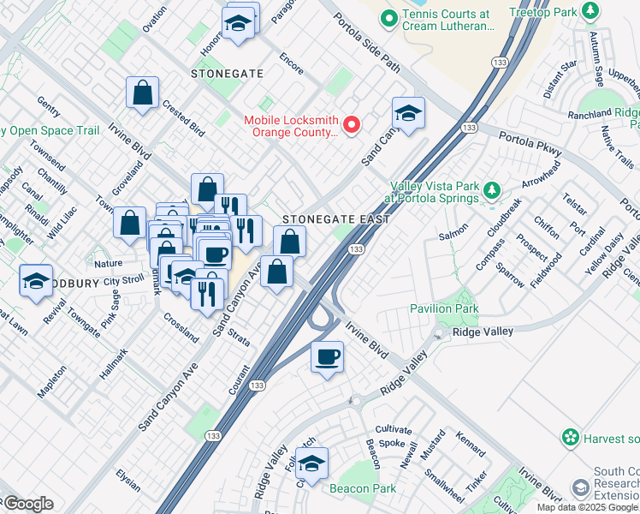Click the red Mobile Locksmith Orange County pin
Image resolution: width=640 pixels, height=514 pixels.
pos(351,127)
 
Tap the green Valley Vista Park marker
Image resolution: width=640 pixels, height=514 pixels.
pos(491,189)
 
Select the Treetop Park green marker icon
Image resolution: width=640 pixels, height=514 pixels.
pos(590,11)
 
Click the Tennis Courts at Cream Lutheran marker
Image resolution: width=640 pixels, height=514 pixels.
pos(388,17)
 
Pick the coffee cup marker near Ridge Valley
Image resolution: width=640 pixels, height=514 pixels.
pos(327,357)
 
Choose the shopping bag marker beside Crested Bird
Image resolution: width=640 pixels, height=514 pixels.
pos(143,93)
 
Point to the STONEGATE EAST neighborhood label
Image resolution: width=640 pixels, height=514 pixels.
pos(336,219)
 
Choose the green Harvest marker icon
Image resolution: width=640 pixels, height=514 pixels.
pos(571,438)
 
